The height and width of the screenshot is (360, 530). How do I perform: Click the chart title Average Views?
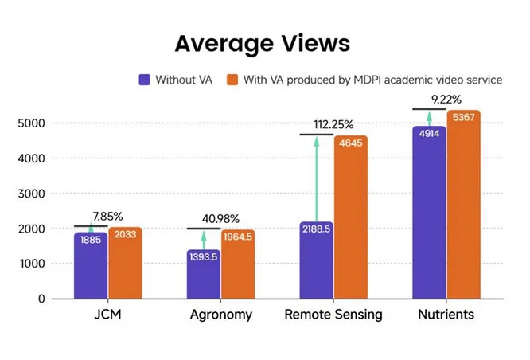click(x=263, y=42)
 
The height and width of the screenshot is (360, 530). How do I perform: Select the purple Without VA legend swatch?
click(x=145, y=80)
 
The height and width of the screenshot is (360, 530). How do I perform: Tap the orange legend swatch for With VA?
click(x=232, y=80)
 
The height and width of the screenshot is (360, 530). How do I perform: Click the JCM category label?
click(x=108, y=315)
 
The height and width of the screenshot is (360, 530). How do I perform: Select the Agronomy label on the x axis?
click(x=221, y=315)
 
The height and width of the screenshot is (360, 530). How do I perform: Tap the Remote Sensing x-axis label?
click(x=333, y=315)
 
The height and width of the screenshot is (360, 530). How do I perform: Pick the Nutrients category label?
click(x=446, y=315)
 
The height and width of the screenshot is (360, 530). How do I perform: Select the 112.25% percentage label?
click(x=333, y=124)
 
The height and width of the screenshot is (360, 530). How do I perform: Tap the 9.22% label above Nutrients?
click(x=446, y=99)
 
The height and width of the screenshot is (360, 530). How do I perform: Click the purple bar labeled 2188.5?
click(x=316, y=260)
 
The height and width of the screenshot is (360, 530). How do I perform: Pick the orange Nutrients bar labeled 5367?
click(x=463, y=205)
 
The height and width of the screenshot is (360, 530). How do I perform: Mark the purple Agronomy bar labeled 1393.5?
click(x=204, y=275)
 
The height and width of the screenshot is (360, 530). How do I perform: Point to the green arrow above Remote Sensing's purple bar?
click(x=316, y=178)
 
